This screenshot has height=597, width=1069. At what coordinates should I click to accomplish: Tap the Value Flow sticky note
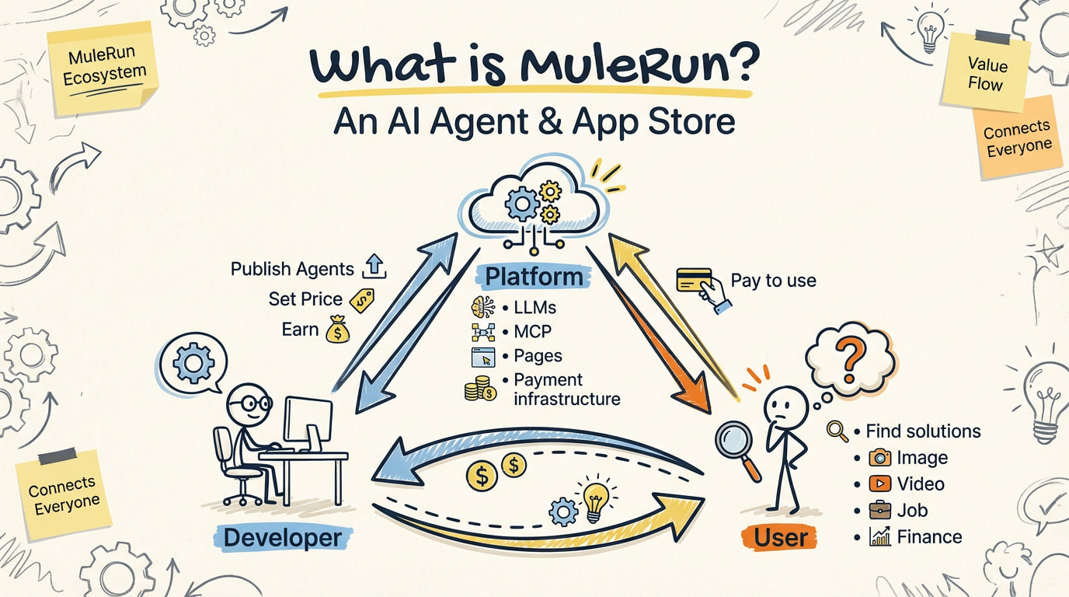coord(984,73)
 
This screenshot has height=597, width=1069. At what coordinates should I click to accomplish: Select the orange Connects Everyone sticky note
coord(1016,138)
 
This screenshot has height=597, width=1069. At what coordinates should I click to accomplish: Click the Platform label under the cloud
coord(533,277)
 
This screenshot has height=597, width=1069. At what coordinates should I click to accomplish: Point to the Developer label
coord(282,537)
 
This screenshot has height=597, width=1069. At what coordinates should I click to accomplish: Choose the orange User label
coord(781,537)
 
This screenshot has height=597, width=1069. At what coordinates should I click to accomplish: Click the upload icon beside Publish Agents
coord(374,268)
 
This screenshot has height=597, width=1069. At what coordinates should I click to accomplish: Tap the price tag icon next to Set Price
coord(362,300)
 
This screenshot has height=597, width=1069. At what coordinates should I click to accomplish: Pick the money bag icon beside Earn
coord(338,330)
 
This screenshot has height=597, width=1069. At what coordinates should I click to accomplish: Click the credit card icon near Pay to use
coord(695,280)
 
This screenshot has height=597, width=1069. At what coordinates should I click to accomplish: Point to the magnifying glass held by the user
coord(734,444)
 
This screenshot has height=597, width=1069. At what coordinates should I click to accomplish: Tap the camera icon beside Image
coord(879,457)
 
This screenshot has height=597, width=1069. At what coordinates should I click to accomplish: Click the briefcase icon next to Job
coord(879,511)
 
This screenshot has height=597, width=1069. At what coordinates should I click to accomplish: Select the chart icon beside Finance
coord(879,537)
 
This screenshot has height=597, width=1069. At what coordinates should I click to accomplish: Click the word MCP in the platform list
coord(532,332)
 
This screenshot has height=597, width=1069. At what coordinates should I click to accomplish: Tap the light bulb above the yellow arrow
coord(594,501)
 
